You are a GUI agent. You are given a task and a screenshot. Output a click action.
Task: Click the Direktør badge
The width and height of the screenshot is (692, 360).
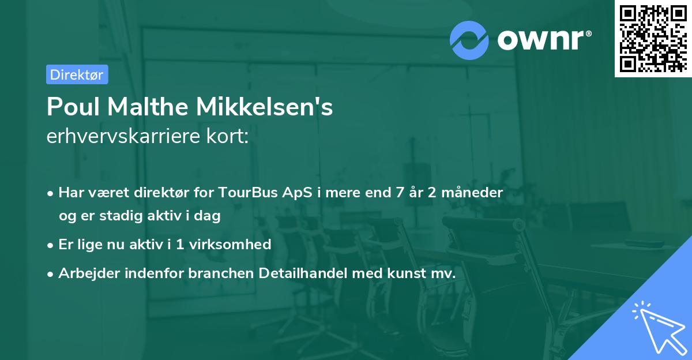77,74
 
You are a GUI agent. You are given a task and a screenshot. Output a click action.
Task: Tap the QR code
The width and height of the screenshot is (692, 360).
653,39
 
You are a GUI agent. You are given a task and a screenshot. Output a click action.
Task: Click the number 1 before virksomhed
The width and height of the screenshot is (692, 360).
179,244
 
